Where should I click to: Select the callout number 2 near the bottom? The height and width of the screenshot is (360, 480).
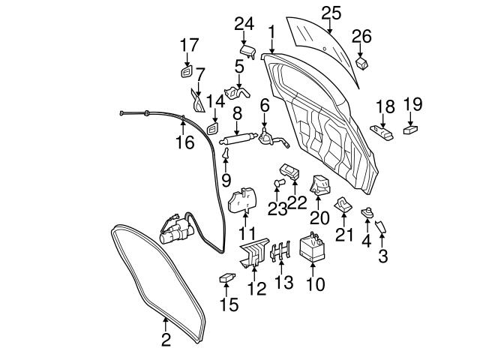coord(166,340)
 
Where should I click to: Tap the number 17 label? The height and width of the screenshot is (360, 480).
coord(188,44)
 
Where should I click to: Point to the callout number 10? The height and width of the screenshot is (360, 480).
coord(316,284)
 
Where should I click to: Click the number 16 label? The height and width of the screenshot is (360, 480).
coord(184,142)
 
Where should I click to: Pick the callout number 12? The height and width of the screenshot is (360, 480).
coord(257,288)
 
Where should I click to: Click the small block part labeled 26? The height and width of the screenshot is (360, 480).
coord(362,64)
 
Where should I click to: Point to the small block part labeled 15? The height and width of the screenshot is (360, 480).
coord(227,279)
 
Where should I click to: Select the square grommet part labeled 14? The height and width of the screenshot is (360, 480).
coord(212,128)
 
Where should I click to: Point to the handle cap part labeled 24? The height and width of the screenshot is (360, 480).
coord(247,50)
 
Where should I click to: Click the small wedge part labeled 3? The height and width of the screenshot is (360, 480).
coord(381,227)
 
